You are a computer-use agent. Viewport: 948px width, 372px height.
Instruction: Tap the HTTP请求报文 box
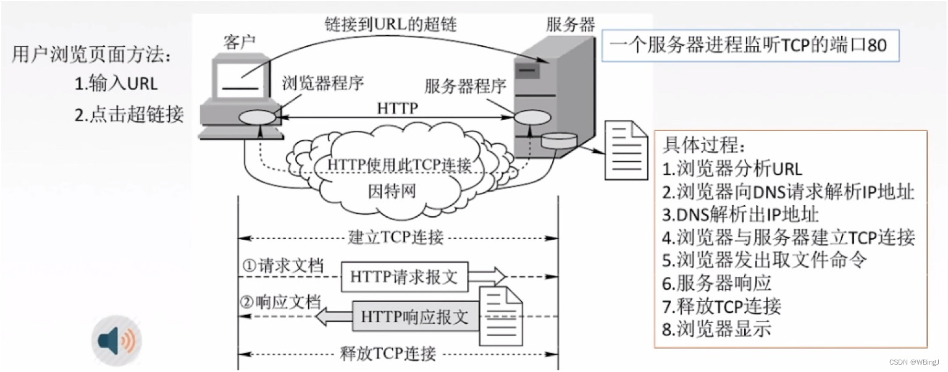pyautogui.click(x=405, y=277)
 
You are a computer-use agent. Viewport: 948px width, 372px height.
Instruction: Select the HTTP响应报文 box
pyautogui.click(x=414, y=318)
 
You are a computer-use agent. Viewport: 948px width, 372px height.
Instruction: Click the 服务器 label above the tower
pyautogui.click(x=569, y=25)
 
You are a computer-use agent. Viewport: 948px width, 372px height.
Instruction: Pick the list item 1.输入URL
pyautogui.click(x=115, y=83)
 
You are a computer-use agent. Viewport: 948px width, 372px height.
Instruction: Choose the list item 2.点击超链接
pyautogui.click(x=128, y=115)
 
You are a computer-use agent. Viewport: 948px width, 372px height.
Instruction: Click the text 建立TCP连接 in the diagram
pyautogui.click(x=396, y=237)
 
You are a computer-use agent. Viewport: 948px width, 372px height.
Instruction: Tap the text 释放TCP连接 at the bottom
pyautogui.click(x=388, y=353)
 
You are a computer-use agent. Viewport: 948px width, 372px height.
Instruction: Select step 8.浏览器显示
pyautogui.click(x=716, y=329)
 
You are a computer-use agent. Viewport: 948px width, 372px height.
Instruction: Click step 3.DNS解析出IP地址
pyautogui.click(x=740, y=214)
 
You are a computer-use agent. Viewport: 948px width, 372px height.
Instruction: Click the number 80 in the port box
pyautogui.click(x=877, y=46)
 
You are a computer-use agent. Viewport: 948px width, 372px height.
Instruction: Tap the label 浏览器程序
pyautogui.click(x=323, y=83)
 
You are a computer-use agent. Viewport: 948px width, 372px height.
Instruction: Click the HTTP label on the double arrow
pyautogui.click(x=397, y=109)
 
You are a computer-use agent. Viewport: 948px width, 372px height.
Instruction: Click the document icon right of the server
pyautogui.click(x=625, y=150)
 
